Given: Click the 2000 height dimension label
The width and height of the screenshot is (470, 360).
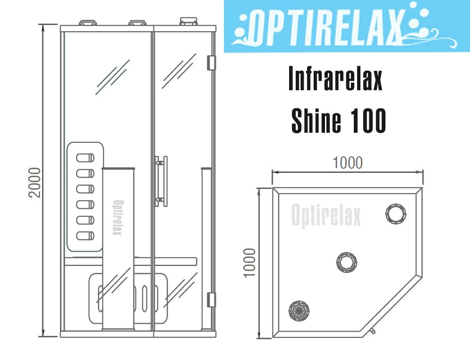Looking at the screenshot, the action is click(x=34, y=182).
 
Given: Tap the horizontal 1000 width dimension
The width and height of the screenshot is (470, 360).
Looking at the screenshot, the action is click(x=348, y=163).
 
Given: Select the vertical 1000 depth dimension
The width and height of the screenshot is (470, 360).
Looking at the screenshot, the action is click(x=250, y=263).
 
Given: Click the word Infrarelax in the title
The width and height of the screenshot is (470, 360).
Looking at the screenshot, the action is click(x=335, y=78).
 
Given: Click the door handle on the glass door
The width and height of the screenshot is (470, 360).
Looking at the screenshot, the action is click(x=161, y=181).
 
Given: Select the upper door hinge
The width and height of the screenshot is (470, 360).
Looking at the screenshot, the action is click(x=211, y=63).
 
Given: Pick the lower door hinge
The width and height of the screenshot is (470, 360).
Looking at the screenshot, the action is click(x=211, y=300).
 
